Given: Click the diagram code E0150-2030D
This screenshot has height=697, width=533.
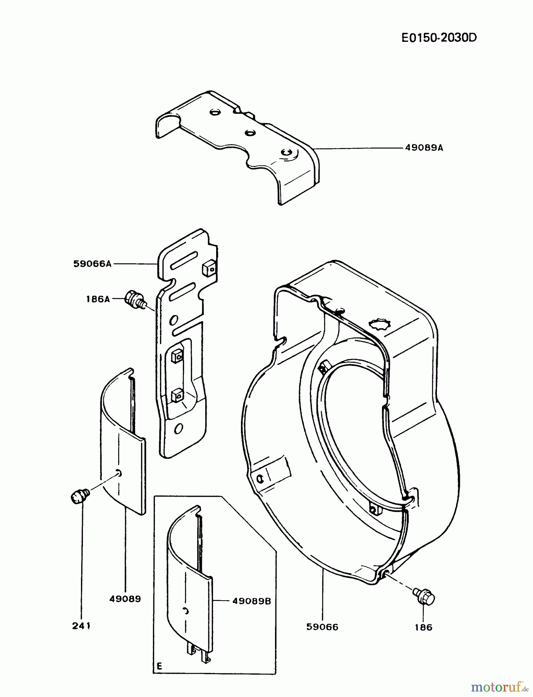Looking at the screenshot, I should point(438,38).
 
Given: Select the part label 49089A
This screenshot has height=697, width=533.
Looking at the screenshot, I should point(424,148).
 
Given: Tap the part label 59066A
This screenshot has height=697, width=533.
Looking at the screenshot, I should point(92,264).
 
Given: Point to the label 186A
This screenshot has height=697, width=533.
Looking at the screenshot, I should point(98,299).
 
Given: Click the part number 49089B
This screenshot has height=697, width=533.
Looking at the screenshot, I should point(251,601).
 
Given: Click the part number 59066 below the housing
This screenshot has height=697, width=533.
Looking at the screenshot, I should point(322,627).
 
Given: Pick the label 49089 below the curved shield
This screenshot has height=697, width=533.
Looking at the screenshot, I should point(125,599).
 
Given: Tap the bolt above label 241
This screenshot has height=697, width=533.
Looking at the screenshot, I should point(79,496).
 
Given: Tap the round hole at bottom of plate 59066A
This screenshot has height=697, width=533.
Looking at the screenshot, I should point(179,428).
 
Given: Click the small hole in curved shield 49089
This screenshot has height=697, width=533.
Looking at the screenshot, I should point(119,473).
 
